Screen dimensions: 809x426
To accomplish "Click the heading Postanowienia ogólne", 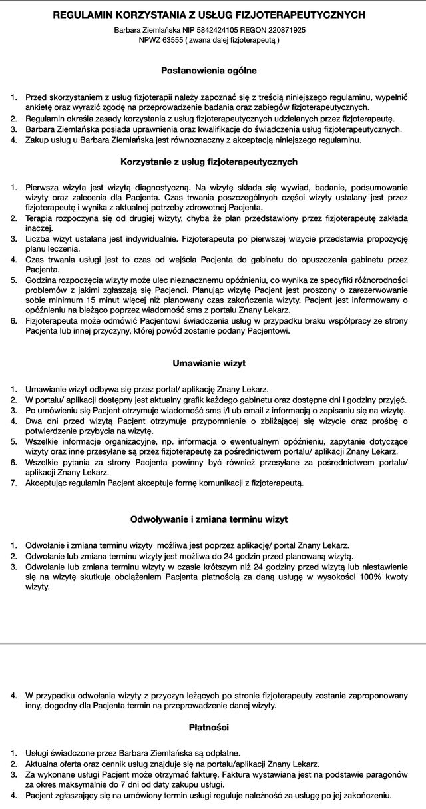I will (x=208, y=69).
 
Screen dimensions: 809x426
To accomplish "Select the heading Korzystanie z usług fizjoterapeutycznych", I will (x=208, y=162).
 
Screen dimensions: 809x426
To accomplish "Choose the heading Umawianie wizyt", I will (x=208, y=364).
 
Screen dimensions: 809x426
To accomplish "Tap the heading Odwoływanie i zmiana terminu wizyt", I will (x=208, y=519).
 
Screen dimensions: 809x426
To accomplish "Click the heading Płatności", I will (x=208, y=728).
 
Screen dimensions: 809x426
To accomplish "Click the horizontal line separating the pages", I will (x=213, y=643).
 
